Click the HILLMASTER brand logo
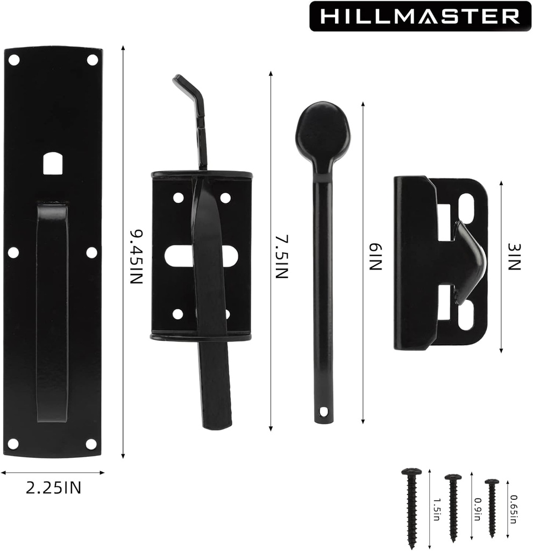pos(420,16)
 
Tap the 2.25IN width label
pos(54,488)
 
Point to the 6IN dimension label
pos(375,257)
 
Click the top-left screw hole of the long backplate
pos(14,60)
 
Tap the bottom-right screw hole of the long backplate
pos(91,444)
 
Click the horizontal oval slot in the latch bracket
pos(200,256)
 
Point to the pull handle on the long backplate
pos(52,312)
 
